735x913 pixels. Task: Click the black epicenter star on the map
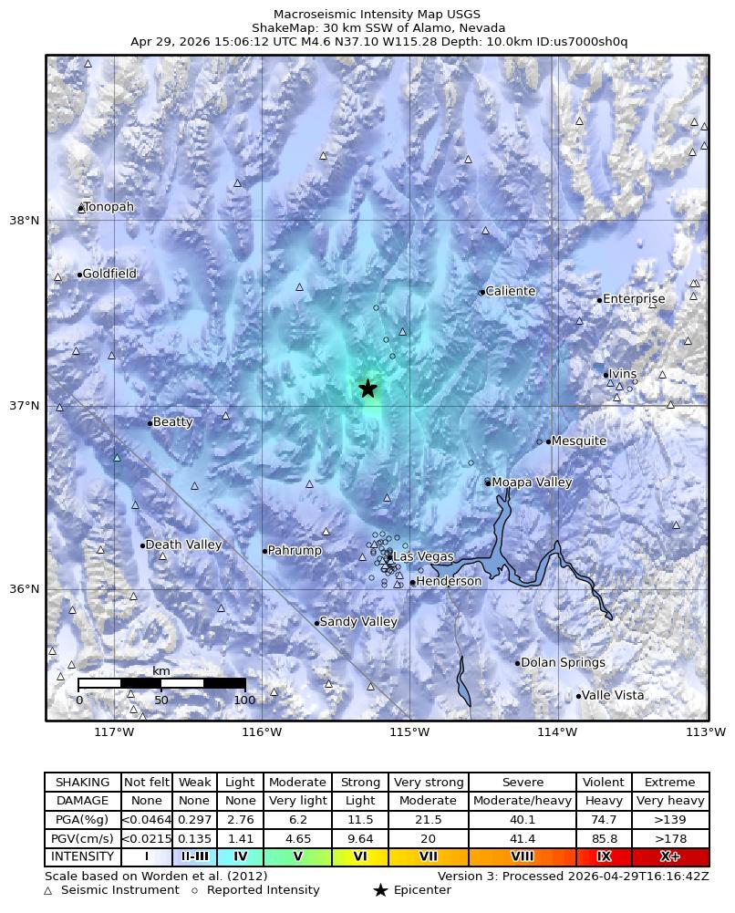[x=367, y=389]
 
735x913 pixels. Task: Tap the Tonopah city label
[x=108, y=207]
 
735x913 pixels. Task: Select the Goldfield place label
[x=109, y=274]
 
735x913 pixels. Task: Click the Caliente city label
[x=510, y=292]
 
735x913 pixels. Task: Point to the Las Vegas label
[x=422, y=556]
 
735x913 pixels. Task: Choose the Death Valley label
[x=183, y=545]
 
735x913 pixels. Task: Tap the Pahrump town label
[x=295, y=551]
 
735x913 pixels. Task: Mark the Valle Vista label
[x=613, y=695]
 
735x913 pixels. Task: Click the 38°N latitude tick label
[x=24, y=221]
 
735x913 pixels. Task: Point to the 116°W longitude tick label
[x=262, y=731]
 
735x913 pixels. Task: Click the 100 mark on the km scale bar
[x=244, y=700]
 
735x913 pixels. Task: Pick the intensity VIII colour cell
[x=523, y=857]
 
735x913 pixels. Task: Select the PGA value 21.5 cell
[x=428, y=820]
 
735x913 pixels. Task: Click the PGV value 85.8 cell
[x=604, y=839]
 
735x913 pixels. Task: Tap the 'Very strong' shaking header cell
[x=428, y=783]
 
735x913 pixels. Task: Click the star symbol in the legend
[x=380, y=890]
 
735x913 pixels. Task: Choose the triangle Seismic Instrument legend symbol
[x=48, y=890]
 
